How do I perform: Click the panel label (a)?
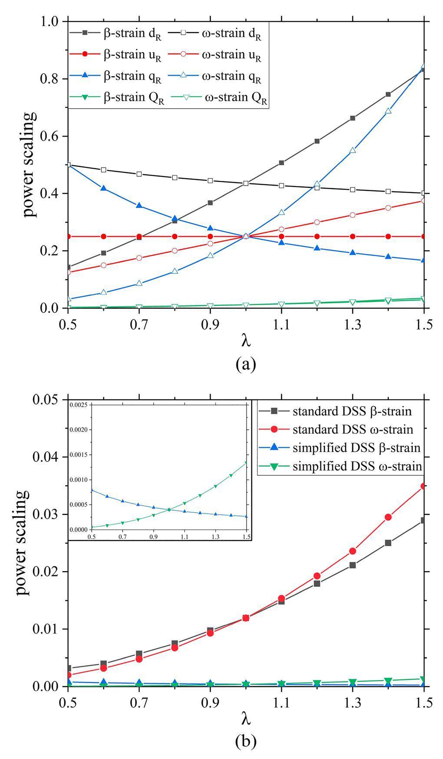(246, 363)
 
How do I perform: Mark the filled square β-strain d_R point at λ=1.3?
(353, 118)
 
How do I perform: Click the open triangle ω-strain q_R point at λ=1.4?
(388, 111)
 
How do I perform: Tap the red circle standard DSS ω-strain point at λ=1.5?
(423, 486)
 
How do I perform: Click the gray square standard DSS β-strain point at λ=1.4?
(388, 543)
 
